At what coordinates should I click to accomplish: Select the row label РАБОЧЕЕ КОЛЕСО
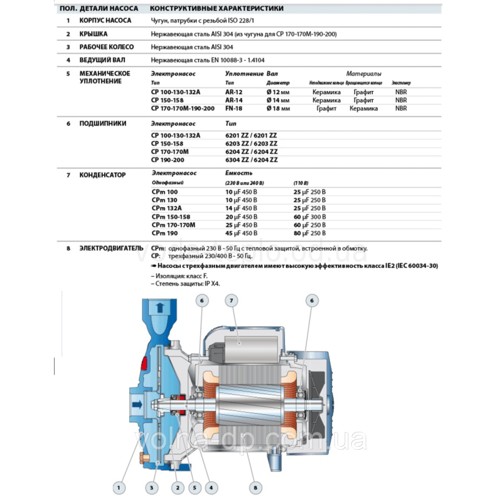pyautogui.click(x=105, y=47)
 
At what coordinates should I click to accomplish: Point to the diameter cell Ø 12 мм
pyautogui.click(x=277, y=92)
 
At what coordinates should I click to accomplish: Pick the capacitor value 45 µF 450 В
pyautogui.click(x=241, y=232)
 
